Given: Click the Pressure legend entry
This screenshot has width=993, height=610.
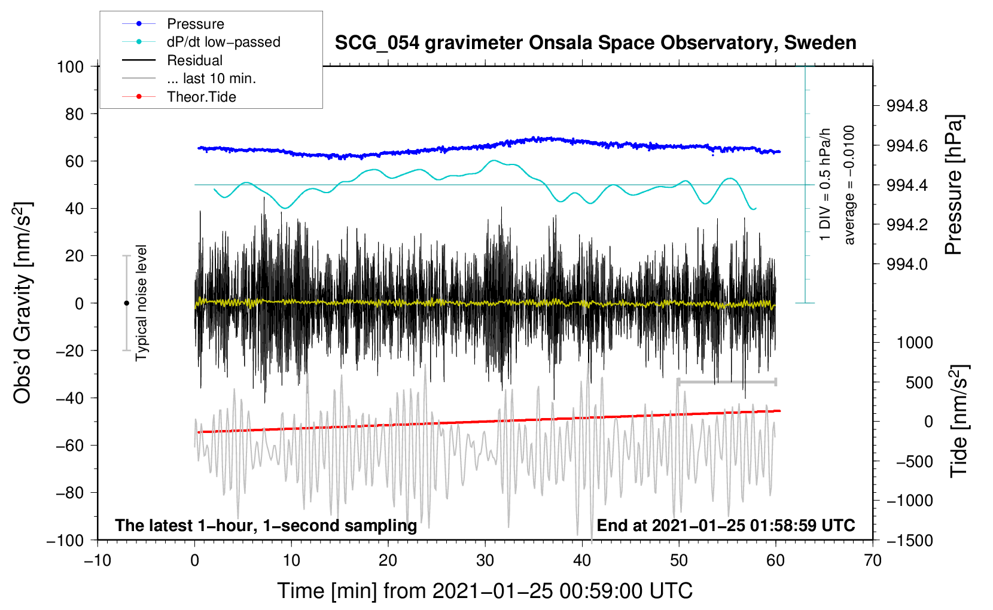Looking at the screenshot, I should point(195,24).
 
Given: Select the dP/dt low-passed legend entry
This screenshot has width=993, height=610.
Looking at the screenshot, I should point(223,42).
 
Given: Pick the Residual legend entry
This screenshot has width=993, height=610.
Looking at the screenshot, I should point(194,60).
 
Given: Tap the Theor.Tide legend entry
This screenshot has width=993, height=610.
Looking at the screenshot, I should point(201,97).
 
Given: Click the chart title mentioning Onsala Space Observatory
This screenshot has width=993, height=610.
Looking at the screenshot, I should point(595,43).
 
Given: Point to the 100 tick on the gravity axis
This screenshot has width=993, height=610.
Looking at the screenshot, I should point(70,66).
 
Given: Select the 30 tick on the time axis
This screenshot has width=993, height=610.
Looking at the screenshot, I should point(485,560).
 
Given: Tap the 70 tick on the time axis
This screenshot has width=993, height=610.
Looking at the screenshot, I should point(873,560).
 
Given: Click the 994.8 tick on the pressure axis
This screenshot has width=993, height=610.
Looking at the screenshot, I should point(907,106).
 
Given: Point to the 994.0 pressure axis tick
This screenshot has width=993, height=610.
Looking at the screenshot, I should point(907,264).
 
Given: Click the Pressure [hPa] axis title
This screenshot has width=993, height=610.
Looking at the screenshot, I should point(954,185).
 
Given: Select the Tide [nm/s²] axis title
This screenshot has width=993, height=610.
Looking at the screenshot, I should point(959,421).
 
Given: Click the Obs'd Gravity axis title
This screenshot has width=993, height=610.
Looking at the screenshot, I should point(23,303).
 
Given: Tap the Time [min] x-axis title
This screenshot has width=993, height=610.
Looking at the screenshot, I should point(485,591).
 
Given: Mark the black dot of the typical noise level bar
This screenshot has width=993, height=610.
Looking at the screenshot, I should point(126,303).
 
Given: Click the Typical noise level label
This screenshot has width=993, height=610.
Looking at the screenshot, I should point(141,303).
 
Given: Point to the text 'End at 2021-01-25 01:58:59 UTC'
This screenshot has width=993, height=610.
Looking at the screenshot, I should point(726,526).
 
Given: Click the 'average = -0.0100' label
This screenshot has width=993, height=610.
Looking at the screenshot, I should point(849,185).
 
